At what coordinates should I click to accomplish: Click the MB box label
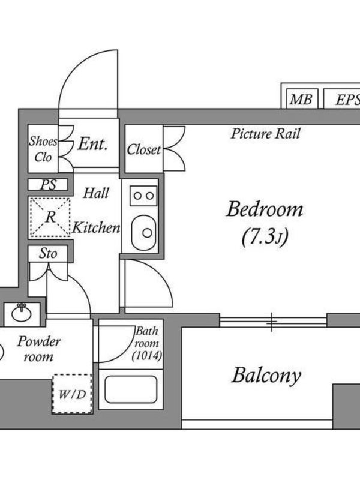point(301,100)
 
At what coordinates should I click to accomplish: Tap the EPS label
point(347,100)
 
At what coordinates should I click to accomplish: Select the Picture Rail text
point(265,133)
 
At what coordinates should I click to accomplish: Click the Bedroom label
point(265,210)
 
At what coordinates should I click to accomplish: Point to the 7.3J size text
point(265,238)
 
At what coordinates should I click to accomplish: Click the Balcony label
point(266,376)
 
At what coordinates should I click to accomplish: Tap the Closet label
point(144,149)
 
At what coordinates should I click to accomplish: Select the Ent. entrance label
point(93,144)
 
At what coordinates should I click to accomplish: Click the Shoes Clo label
point(43,149)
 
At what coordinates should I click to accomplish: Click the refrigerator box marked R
point(49,217)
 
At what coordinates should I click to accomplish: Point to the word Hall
point(96,193)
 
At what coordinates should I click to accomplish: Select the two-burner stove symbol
point(143,195)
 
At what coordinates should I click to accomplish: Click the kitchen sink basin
point(143,229)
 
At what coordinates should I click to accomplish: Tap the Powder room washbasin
point(22,312)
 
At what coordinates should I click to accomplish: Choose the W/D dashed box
point(72,394)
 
